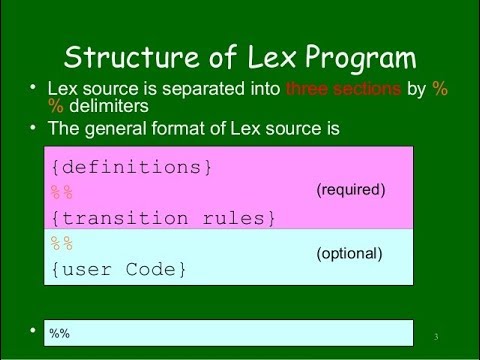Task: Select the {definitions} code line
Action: [130, 168]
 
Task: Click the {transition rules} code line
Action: [160, 216]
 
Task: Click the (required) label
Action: [350, 188]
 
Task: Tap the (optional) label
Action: [351, 254]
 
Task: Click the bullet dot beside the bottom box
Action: [34, 329]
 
